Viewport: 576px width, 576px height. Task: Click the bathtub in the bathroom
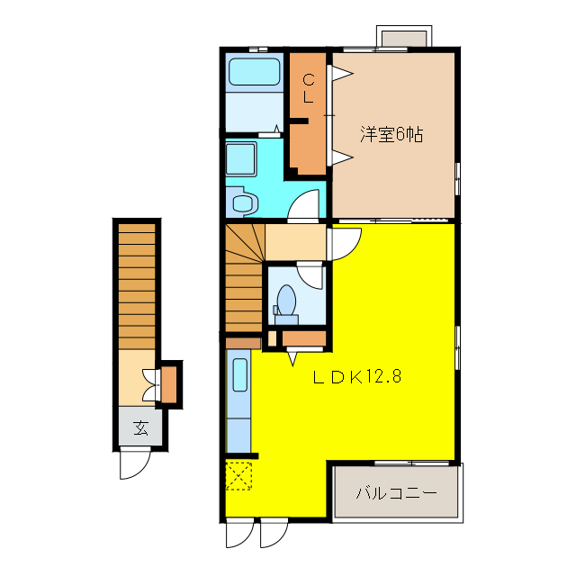pos(255,71)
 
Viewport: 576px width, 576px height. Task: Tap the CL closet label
pos(308,87)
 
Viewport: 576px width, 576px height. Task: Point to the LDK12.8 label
pos(356,377)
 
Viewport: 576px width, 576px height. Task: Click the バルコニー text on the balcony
pos(395,493)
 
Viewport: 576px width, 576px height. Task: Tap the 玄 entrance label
pos(142,427)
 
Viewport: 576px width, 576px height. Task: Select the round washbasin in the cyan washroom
pos(244,202)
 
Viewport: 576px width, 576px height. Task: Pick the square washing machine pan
pos(242,159)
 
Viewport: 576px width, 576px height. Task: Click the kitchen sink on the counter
pos(239,374)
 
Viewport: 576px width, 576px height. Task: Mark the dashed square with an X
pos(238,474)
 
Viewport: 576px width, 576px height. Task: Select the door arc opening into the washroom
pos(305,206)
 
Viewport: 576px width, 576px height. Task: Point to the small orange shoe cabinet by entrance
pos(169,382)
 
